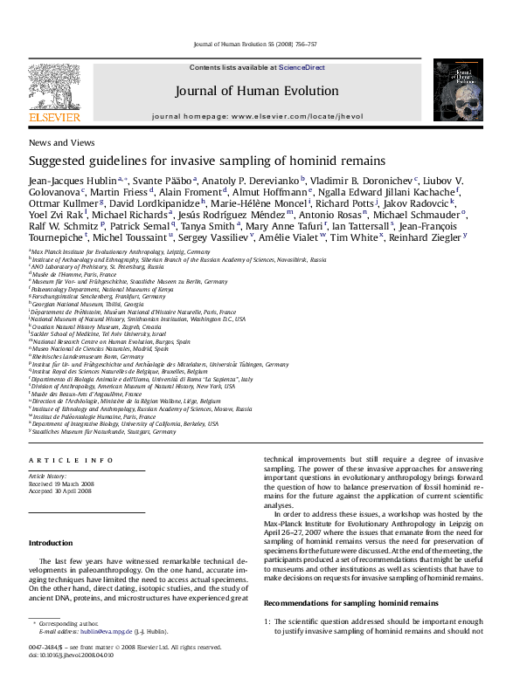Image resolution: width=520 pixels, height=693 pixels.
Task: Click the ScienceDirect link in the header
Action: point(302,67)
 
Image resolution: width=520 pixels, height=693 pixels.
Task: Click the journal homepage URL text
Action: point(308,115)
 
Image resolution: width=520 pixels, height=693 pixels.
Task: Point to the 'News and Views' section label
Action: point(62,141)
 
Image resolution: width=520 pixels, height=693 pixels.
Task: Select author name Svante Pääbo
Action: point(165,179)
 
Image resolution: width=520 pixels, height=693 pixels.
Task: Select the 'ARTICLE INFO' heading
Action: point(71,459)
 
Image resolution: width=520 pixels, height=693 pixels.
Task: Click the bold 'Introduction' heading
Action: point(51,543)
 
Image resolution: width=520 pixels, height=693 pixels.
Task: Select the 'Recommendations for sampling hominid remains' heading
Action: point(350,603)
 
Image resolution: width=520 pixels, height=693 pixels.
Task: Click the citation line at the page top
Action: point(254,43)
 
